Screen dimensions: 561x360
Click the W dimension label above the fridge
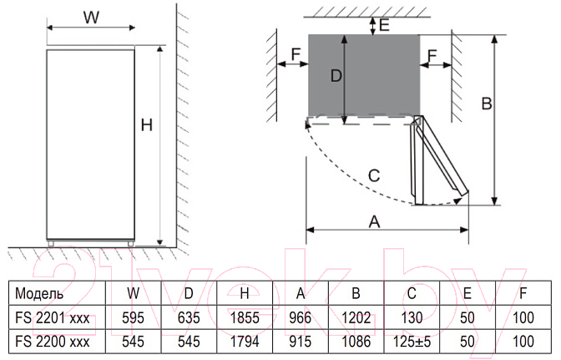(91, 17)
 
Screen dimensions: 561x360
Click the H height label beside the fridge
(147, 125)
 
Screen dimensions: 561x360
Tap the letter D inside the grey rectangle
(336, 76)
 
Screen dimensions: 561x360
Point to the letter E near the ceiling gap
(384, 25)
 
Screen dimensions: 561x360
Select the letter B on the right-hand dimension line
(487, 104)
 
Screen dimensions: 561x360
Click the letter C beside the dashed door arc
(374, 175)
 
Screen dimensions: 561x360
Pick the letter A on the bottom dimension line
(374, 221)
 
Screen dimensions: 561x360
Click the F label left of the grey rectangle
(296, 54)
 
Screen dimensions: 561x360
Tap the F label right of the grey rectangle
(432, 55)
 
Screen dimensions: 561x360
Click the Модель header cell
(39, 293)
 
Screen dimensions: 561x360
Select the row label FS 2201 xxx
(53, 317)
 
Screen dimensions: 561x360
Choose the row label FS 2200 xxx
(53, 342)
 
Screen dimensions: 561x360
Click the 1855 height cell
(245, 317)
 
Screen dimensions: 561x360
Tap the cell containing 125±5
(412, 342)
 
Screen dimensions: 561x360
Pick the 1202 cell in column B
(356, 317)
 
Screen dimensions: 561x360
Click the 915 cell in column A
(301, 342)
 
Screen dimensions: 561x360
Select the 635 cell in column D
(189, 317)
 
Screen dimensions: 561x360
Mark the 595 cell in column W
(133, 317)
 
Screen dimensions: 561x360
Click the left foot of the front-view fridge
(51, 244)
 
